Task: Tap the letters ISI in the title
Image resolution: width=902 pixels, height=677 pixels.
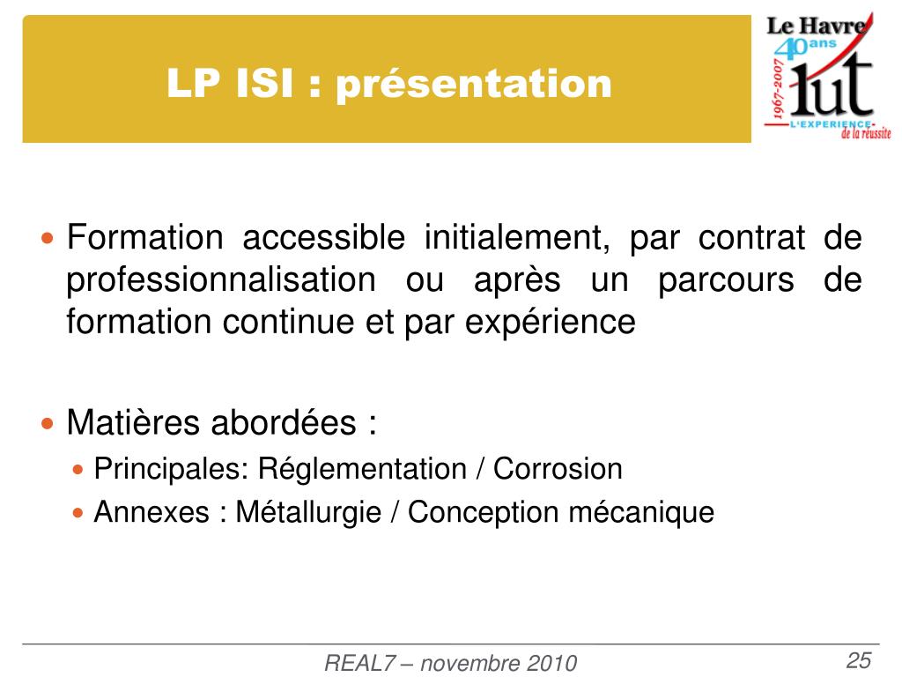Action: pos(264,83)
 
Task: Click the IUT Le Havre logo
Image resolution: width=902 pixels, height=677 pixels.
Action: pos(827,76)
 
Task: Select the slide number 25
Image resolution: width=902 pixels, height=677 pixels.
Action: pos(859,659)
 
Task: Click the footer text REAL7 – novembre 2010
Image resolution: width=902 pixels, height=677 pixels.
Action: pos(450,663)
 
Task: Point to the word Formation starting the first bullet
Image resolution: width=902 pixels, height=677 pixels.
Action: pos(145,237)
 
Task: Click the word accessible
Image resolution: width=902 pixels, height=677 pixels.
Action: pos(324,237)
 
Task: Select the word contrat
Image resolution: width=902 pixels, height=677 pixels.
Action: pos(751,238)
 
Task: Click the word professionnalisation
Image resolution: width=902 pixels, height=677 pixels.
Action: pos(221,281)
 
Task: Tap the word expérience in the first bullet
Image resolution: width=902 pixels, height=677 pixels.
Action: pos(550,323)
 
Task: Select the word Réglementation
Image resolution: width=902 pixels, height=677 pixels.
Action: pos(362,469)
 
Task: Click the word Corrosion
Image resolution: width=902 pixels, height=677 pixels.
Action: pos(558,469)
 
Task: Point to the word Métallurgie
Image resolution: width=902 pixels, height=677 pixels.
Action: pos(308,512)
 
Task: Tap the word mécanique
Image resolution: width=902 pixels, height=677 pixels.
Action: pos(641,512)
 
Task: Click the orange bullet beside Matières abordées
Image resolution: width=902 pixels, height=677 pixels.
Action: pos(48,424)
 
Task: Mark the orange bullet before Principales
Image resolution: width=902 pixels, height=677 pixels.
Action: pos(78,469)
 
